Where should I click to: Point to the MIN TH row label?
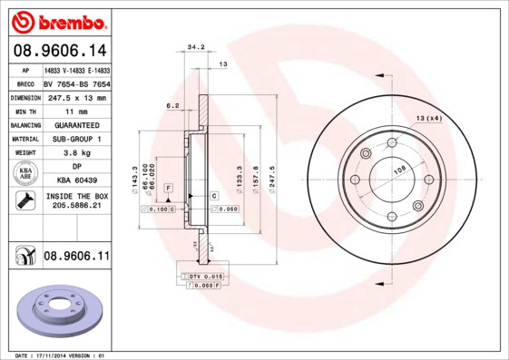(24, 111)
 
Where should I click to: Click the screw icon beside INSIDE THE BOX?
(24, 201)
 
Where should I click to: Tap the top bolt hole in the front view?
(390, 142)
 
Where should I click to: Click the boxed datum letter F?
(168, 186)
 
